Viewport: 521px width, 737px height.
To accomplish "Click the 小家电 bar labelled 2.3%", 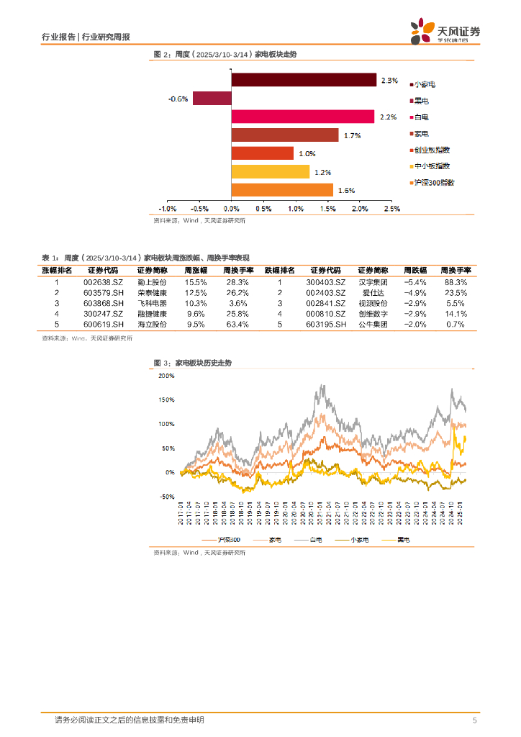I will pos(304,80).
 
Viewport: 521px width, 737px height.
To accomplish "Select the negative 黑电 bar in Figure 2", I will pos(212,99).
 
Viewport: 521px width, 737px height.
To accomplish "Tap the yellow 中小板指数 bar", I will pos(270,171).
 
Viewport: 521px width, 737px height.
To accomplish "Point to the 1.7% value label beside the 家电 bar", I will pos(352,135).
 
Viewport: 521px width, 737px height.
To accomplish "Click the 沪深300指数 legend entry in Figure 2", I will pos(435,183).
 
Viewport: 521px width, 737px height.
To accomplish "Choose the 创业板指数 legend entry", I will pos(432,150).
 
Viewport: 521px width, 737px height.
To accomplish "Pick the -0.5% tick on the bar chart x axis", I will pos(199,209).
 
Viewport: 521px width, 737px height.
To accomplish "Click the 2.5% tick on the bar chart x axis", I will pos(391,209).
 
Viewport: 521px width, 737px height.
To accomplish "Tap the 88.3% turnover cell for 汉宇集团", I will pos(456,283).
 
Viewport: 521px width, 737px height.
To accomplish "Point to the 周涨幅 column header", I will pos(196,269).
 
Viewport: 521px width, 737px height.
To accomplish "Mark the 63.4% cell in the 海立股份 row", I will pos(237,325).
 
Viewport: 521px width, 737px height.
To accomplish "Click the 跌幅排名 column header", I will pos(280,269).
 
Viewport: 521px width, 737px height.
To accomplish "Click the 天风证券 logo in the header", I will pos(446,32).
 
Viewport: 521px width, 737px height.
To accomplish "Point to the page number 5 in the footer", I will pos(474,720).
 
